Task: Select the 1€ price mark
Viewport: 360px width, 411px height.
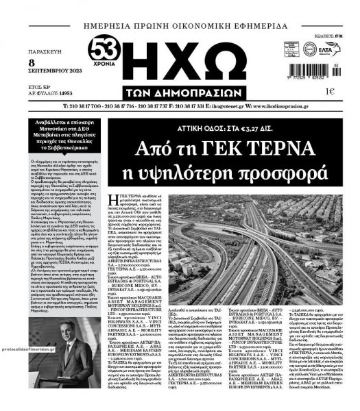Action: [331, 91]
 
